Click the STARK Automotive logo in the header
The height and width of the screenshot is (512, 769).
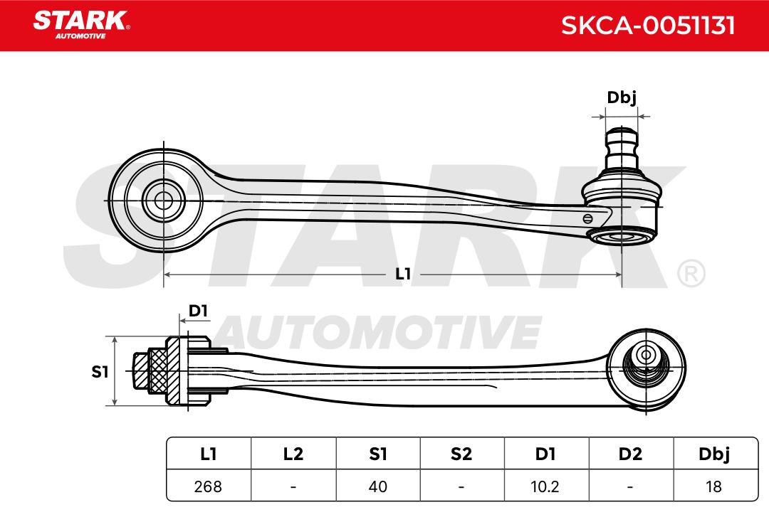click(x=80, y=23)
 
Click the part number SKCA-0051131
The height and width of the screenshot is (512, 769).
click(x=647, y=26)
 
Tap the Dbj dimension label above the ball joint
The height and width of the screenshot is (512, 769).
click(x=621, y=97)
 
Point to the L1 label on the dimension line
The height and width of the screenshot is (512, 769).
click(x=403, y=274)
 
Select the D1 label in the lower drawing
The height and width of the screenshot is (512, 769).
click(x=198, y=311)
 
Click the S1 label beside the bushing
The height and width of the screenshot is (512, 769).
click(x=100, y=371)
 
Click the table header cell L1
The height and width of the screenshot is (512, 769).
click(x=208, y=454)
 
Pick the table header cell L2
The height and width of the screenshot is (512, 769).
click(x=293, y=454)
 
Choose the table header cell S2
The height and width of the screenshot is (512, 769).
click(x=461, y=454)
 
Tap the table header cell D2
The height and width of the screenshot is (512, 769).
click(x=630, y=454)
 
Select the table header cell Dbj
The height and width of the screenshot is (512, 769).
click(x=714, y=454)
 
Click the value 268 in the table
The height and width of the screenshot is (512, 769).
click(x=208, y=487)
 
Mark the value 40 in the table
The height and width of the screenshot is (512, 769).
click(x=377, y=487)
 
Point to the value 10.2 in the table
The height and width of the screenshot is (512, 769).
click(x=545, y=487)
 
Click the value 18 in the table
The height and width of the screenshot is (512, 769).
click(x=714, y=487)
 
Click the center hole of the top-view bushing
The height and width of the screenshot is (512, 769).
click(x=163, y=201)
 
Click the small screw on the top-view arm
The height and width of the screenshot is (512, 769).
click(x=587, y=218)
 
